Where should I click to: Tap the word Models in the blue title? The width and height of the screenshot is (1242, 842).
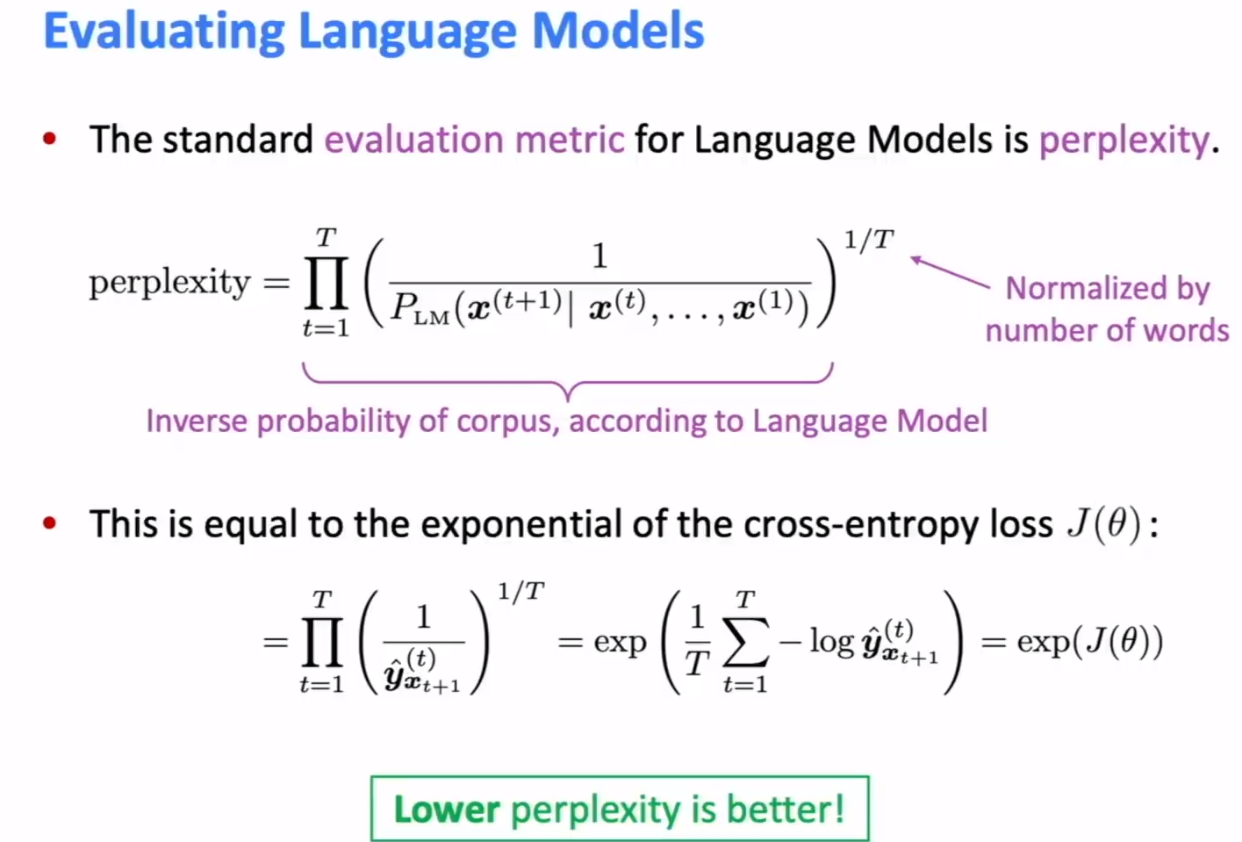(x=618, y=32)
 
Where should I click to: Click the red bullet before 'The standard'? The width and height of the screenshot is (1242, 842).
(x=50, y=138)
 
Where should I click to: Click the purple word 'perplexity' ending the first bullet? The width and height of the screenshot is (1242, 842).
(x=1124, y=140)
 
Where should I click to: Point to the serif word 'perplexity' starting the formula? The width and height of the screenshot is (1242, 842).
(x=169, y=284)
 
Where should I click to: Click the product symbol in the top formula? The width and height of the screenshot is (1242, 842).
(x=326, y=283)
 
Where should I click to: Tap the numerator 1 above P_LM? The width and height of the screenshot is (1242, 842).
(x=599, y=255)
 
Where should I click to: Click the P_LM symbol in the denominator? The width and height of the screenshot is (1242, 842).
(x=419, y=309)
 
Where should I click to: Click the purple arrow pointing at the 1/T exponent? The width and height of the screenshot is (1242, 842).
(x=950, y=272)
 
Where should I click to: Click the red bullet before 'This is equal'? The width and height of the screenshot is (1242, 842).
(x=50, y=523)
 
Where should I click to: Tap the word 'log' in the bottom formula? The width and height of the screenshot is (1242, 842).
(x=830, y=642)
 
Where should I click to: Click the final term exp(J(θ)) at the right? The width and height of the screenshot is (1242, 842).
(x=1089, y=642)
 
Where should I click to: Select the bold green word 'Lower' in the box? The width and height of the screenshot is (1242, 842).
(x=447, y=809)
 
